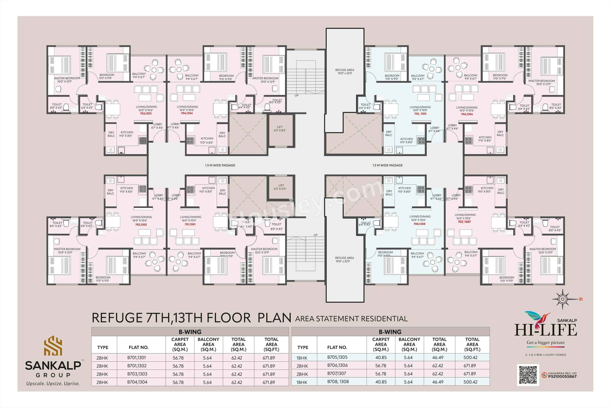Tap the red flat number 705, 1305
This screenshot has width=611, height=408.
click(420, 114)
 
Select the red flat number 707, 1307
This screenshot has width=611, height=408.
click(464, 222)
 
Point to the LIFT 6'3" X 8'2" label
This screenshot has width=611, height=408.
click(280, 129)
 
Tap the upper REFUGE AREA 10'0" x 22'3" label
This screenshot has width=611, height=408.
click(345, 72)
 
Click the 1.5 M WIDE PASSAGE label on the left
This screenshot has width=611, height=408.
click(220, 165)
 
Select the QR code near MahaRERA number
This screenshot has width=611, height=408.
click(528, 375)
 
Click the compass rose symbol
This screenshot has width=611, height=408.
click(562, 299)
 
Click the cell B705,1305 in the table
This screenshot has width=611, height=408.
click(337, 357)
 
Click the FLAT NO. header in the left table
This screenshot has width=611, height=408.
click(138, 347)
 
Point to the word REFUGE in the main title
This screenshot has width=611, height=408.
click(117, 318)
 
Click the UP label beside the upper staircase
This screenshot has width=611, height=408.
click(296, 96)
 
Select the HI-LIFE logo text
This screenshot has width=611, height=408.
click(545, 330)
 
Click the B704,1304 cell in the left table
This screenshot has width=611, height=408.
click(137, 382)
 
